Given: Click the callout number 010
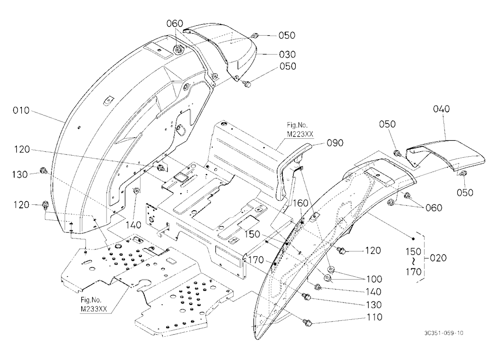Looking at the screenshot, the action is point(21,111).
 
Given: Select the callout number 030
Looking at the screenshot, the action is point(287,55).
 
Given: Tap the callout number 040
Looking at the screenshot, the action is point(441,109).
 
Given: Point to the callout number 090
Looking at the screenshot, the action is point(335,143).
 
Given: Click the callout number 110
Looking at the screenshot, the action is point(374,317).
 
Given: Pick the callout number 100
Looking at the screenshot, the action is point(374,279).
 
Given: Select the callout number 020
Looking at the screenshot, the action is point(438,258).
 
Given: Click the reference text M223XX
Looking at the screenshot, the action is point(300,134).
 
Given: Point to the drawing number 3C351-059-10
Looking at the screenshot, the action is point(444,333).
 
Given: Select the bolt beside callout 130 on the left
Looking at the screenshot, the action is point(43,171).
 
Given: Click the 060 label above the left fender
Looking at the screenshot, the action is point(175,23).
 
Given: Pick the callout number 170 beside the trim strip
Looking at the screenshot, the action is point(256,260).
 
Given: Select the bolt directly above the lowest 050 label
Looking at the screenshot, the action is point(464,173).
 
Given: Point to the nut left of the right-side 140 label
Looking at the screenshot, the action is point(317,287).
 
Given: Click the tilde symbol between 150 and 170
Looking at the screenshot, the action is point(414,262).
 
